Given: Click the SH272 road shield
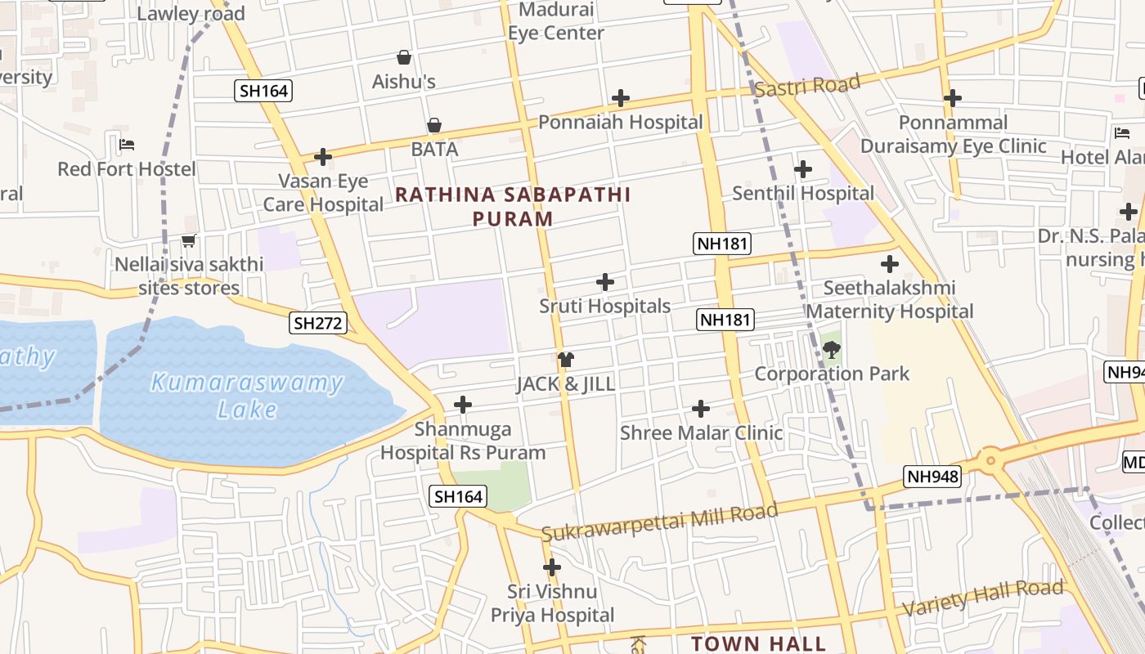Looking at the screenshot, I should click(318, 323).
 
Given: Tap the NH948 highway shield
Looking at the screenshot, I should click(932, 477).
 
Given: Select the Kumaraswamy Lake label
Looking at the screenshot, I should click(247, 395).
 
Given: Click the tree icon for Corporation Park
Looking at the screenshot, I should click(832, 351).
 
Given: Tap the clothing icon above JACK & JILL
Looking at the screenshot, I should click(565, 360).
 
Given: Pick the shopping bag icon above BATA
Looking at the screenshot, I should click(434, 125).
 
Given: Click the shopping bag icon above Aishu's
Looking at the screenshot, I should click(404, 57).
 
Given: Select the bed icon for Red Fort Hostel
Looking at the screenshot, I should click(127, 145).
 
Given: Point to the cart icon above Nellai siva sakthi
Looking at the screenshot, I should click(189, 240).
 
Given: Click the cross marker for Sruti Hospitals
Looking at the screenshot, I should click(605, 282).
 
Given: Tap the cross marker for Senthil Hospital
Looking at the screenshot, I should click(803, 169).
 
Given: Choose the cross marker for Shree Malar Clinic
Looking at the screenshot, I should click(701, 408).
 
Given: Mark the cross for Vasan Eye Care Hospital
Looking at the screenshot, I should click(323, 156).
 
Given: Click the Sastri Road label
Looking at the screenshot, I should click(807, 85).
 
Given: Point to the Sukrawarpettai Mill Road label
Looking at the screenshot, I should click(659, 522).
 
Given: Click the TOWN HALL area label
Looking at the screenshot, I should click(758, 643).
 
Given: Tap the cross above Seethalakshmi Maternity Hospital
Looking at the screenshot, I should click(890, 264).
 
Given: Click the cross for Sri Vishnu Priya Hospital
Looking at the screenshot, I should click(552, 567).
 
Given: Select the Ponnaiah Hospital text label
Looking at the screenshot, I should click(620, 123).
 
